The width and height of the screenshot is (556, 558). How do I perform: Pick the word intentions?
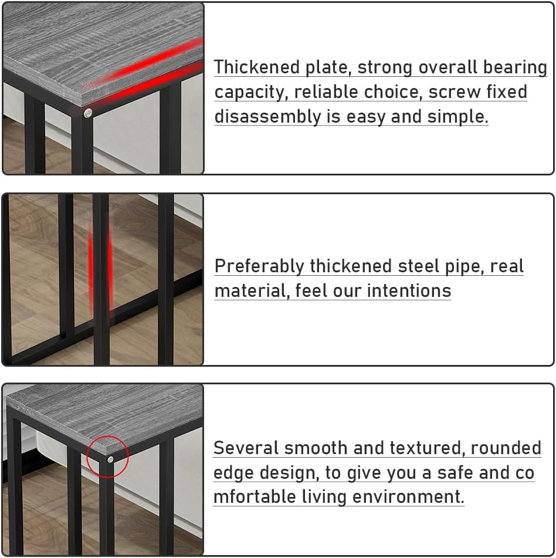[409, 291]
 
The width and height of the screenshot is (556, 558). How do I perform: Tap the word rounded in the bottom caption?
[506, 448]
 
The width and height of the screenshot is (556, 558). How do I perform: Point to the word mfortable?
[255, 497]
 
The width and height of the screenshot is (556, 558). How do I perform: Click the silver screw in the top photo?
[87, 113]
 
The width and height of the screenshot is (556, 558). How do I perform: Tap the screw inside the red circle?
[110, 459]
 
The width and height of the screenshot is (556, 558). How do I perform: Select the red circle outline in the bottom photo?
[87, 456]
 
